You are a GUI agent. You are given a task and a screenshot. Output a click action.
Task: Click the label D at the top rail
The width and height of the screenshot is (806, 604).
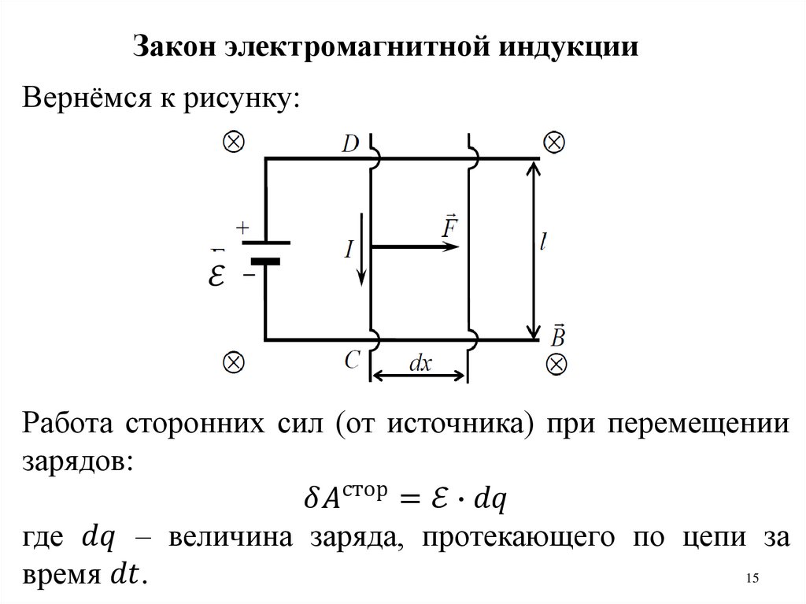[351, 143]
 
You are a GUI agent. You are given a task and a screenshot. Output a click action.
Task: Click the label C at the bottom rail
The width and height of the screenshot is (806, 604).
[352, 360]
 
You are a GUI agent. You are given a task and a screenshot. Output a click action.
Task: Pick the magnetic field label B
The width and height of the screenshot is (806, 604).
[556, 335]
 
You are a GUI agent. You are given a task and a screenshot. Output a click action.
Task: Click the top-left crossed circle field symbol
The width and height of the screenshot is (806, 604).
[235, 142]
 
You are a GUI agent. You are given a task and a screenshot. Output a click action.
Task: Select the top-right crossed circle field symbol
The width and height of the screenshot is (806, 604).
[553, 142]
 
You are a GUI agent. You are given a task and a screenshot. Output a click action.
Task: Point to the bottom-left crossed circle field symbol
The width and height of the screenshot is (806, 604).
[235, 362]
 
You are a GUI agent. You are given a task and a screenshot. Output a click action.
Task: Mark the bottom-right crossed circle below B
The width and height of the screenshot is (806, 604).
[556, 364]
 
